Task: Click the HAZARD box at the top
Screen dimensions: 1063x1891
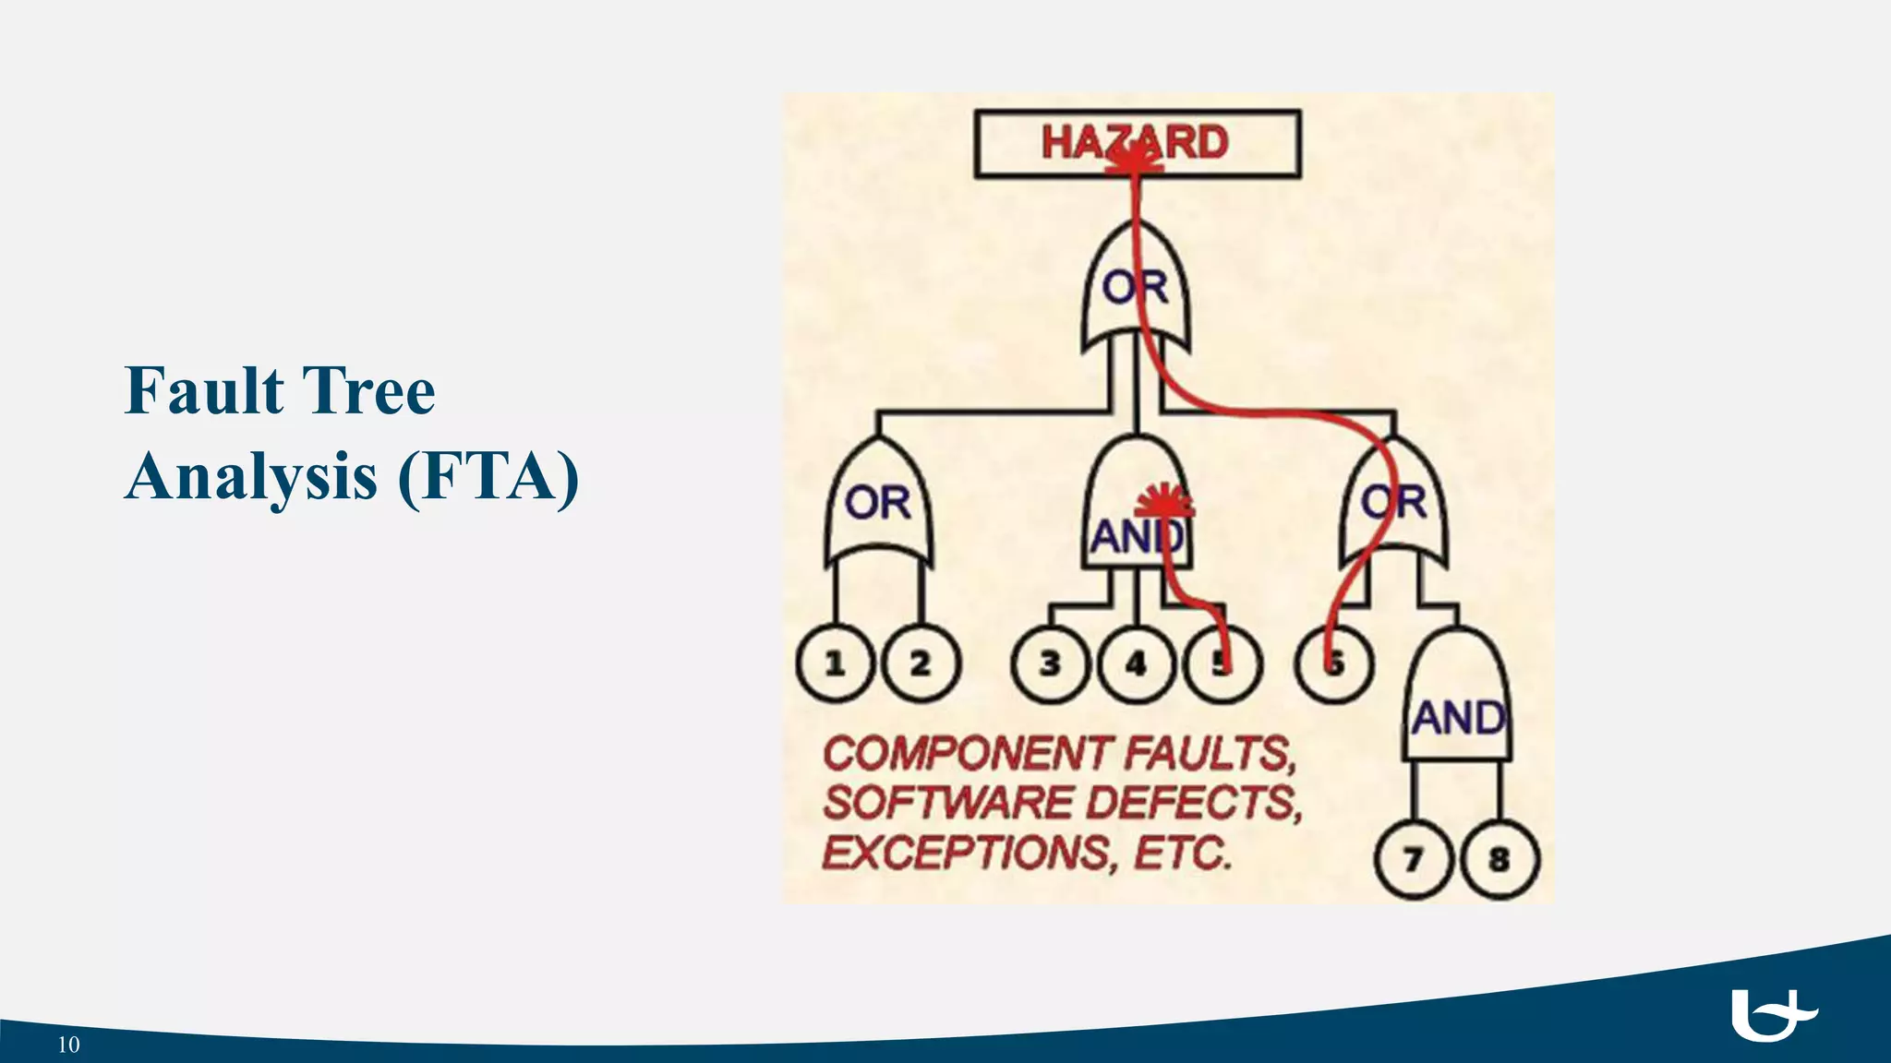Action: click(1137, 143)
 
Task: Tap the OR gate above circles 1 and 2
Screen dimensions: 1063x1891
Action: click(878, 503)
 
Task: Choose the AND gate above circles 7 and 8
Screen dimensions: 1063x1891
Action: click(1458, 701)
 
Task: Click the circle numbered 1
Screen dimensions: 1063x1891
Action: click(835, 663)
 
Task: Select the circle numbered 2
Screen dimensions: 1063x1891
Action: click(921, 663)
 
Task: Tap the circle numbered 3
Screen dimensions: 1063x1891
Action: click(1050, 663)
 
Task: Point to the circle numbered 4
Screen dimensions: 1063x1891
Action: click(1137, 663)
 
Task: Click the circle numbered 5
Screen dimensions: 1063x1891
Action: click(1222, 663)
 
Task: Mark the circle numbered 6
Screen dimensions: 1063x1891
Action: click(1334, 663)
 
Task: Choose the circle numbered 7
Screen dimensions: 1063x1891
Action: click(1413, 860)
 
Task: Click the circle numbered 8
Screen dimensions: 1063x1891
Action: click(1500, 860)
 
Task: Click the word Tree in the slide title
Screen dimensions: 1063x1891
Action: click(368, 391)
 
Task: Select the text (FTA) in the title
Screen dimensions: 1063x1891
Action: click(488, 476)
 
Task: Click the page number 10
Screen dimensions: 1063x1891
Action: click(69, 1045)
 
